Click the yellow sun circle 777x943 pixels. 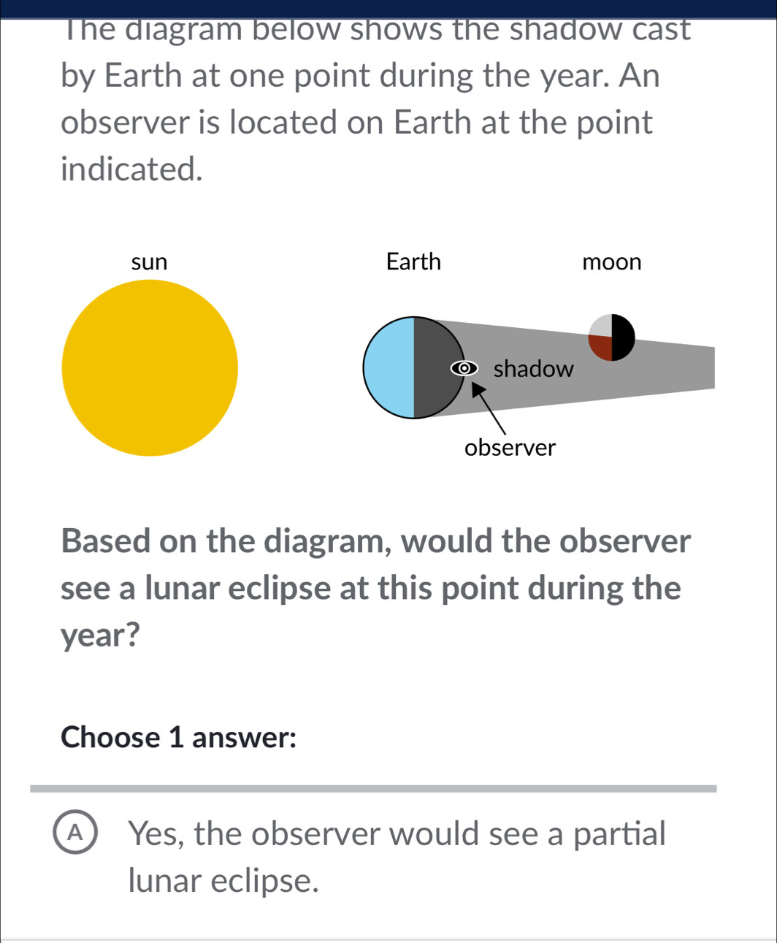pos(150,367)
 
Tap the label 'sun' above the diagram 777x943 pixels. pos(149,261)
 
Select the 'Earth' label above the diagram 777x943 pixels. pos(413,261)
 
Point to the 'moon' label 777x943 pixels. pos(612,261)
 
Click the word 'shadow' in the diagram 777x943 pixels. pos(534,369)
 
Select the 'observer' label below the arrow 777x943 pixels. pos(510,447)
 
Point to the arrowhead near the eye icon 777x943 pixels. pos(479,392)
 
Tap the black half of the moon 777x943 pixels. pos(622,337)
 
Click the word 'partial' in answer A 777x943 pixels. pos(619,833)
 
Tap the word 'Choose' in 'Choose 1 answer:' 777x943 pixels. pos(110,737)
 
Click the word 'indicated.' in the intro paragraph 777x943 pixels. pos(131,169)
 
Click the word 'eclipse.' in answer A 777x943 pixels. pos(266,881)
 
